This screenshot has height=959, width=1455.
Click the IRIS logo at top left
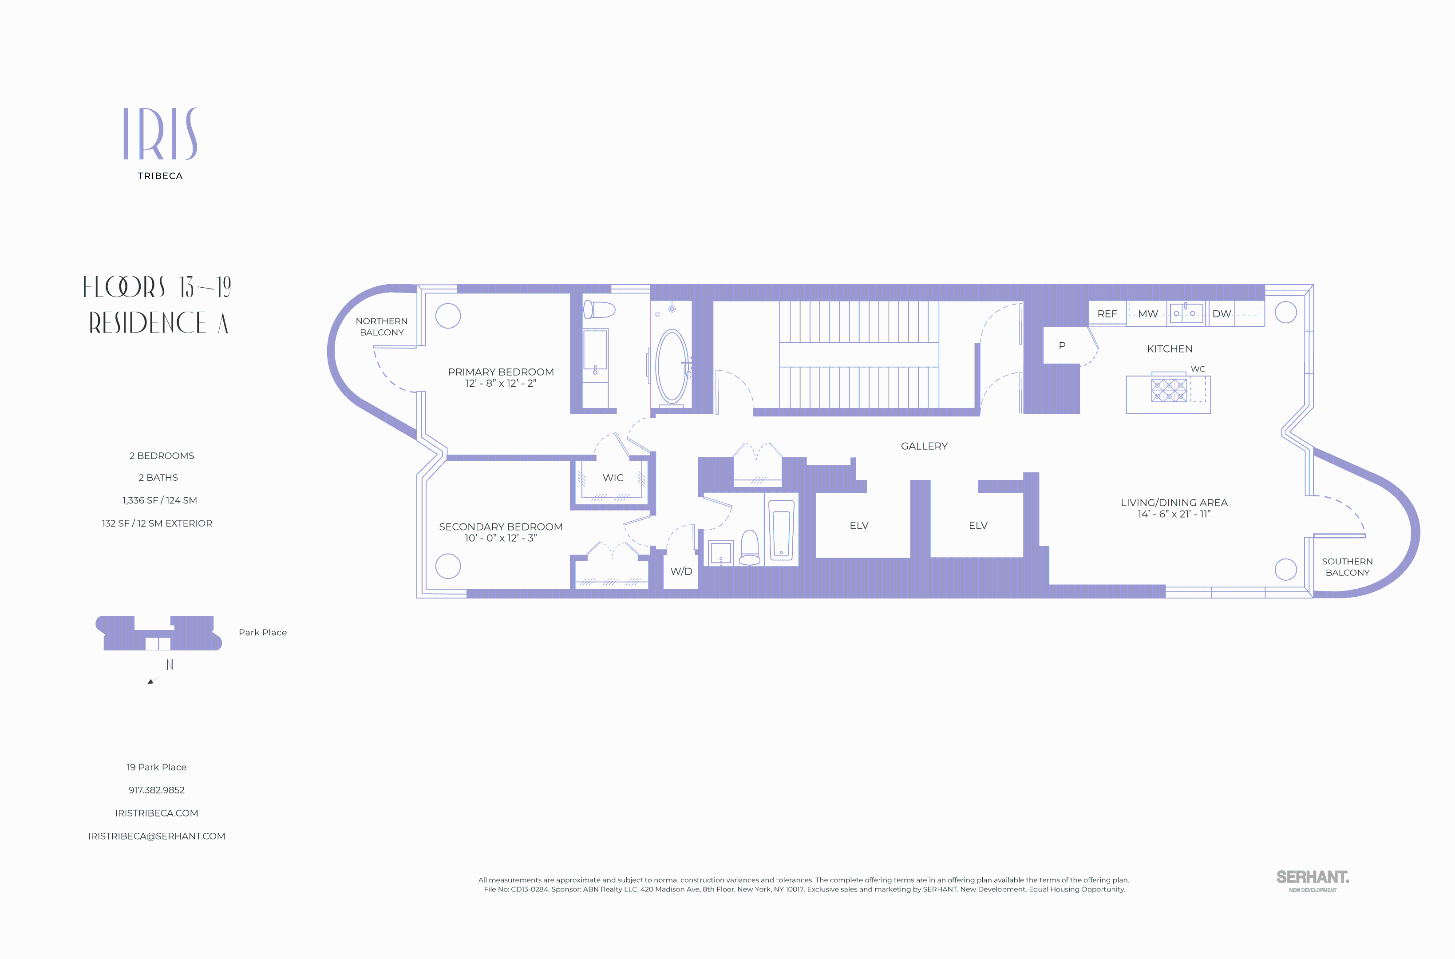pyautogui.click(x=160, y=134)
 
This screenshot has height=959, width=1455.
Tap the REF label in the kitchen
pyautogui.click(x=1107, y=314)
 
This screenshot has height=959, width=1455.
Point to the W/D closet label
pyautogui.click(x=681, y=571)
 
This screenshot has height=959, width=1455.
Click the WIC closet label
pyautogui.click(x=613, y=478)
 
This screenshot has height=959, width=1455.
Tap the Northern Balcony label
pyautogui.click(x=381, y=327)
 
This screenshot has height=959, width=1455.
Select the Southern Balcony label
pyautogui.click(x=1347, y=567)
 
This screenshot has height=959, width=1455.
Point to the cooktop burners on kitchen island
pyautogui.click(x=1168, y=390)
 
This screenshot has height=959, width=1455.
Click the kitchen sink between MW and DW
pyautogui.click(x=1186, y=313)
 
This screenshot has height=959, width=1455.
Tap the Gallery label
pyautogui.click(x=924, y=446)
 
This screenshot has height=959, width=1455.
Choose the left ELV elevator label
pyautogui.click(x=858, y=525)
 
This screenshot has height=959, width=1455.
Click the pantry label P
pyautogui.click(x=1062, y=345)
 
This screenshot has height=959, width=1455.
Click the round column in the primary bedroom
pyautogui.click(x=447, y=316)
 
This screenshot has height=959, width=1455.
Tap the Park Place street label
pyautogui.click(x=262, y=632)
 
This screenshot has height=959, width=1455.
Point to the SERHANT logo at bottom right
pyautogui.click(x=1312, y=880)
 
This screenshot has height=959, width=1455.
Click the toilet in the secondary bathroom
pyautogui.click(x=750, y=548)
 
